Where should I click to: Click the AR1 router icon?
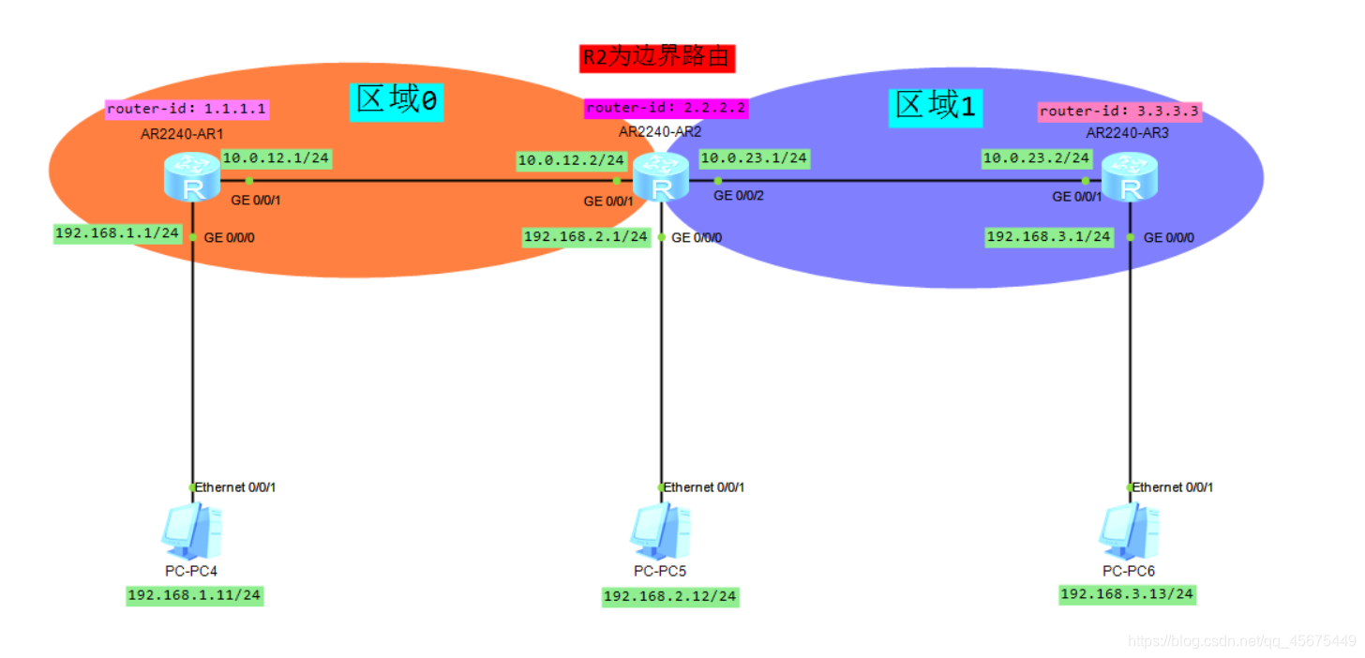[x=192, y=180]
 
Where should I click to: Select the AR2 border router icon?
[x=661, y=180]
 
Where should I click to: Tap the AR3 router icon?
[x=1130, y=180]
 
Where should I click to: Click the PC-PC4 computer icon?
[x=192, y=530]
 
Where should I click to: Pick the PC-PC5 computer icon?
[x=661, y=531]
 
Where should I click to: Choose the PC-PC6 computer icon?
[x=1130, y=531]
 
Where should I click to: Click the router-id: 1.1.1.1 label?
[x=187, y=109]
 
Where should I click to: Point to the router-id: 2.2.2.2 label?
[x=666, y=108]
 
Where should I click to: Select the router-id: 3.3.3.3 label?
[x=1119, y=111]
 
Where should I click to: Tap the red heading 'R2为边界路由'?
[x=656, y=57]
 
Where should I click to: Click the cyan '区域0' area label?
[x=396, y=101]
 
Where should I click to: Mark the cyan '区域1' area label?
[x=935, y=106]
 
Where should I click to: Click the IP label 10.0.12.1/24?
[x=276, y=157]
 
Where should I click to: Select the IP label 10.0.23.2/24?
[x=1036, y=158]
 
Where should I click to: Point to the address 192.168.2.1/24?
[x=586, y=236]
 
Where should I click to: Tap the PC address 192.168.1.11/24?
[x=195, y=595]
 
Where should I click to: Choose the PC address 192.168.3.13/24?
[x=1127, y=594]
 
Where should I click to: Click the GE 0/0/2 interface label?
[x=739, y=196]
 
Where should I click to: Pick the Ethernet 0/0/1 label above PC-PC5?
[x=704, y=487]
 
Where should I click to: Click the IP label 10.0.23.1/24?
[x=754, y=158]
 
